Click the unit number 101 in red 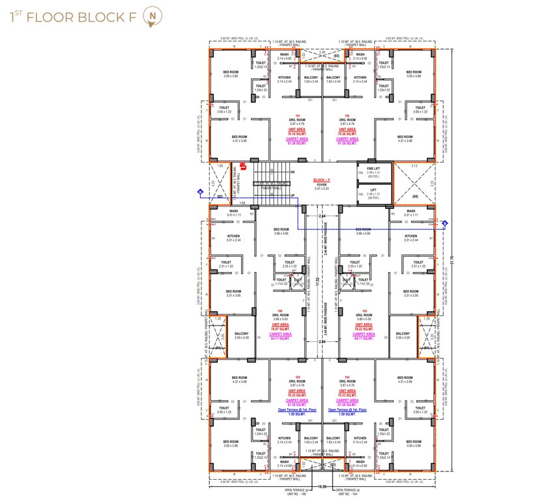[297, 116]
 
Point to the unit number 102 [347, 116]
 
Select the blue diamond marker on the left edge [200, 191]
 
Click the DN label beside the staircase [293, 172]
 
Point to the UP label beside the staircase [293, 195]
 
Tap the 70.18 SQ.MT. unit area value [297, 133]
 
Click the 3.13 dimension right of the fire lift [414, 166]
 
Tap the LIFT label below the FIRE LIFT [373, 189]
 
